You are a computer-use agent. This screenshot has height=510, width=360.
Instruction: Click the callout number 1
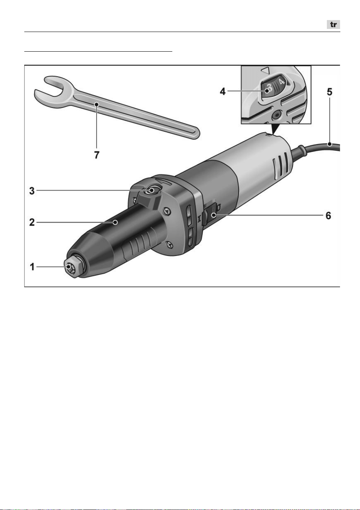point(32,267)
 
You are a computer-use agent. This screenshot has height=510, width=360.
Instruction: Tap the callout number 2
point(32,222)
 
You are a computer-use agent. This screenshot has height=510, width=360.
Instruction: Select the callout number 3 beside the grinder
point(32,191)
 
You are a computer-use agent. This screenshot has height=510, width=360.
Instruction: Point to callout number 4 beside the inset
point(222,91)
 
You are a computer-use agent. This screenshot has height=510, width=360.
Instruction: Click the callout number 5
point(330,92)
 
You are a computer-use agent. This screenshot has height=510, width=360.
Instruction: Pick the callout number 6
point(328,215)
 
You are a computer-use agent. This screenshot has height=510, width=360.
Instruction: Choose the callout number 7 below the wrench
point(97,155)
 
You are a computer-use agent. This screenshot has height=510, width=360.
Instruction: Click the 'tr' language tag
point(333,25)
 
